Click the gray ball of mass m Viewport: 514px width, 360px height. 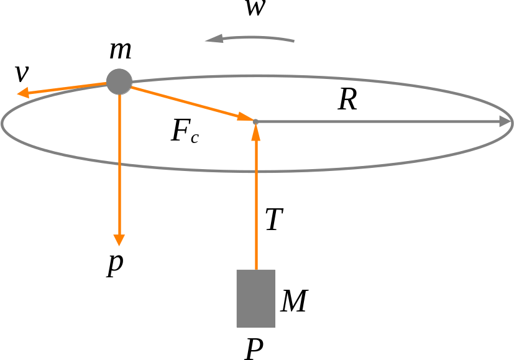coord(119,81)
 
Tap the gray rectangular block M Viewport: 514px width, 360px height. coord(255,298)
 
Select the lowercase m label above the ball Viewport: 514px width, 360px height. coord(121,50)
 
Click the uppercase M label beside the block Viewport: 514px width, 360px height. coord(294,301)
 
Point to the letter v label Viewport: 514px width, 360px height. coord(22,73)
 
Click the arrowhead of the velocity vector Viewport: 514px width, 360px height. coord(23,93)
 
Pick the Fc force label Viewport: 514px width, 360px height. coord(185,131)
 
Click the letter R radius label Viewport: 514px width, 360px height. coord(347,99)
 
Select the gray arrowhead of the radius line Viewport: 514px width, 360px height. coord(505,121)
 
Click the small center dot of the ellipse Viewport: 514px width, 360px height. coord(255,122)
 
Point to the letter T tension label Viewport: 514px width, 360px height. coord(274,219)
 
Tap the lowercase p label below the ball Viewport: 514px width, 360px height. coord(115,265)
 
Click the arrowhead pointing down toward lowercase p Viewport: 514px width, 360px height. coord(119,240)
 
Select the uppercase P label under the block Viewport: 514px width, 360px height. coord(254,349)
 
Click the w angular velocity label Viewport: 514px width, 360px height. coord(255,8)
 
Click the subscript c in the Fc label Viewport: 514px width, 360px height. coord(195,138)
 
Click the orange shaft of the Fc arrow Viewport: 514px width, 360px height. coord(185,101)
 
